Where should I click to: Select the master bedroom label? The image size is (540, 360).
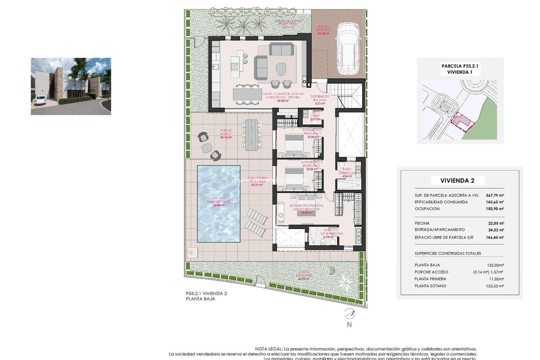pos(306,207)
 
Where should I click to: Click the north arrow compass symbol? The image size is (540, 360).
pos(349,314)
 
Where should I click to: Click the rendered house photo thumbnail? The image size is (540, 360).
pos(70,86)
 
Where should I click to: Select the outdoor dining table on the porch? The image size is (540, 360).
pos(250,134)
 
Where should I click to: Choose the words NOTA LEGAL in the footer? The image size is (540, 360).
pos(268,349)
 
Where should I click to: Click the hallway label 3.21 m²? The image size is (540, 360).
pos(319,102)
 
